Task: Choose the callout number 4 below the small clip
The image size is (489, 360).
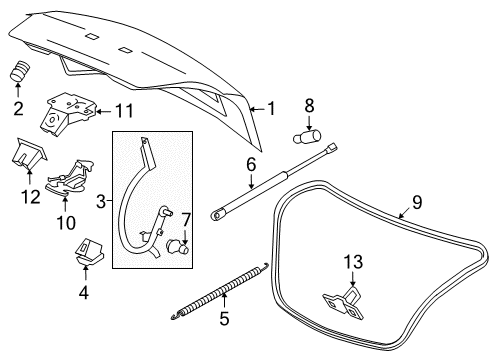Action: tap(84, 292)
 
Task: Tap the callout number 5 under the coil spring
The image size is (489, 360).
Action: tap(225, 322)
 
